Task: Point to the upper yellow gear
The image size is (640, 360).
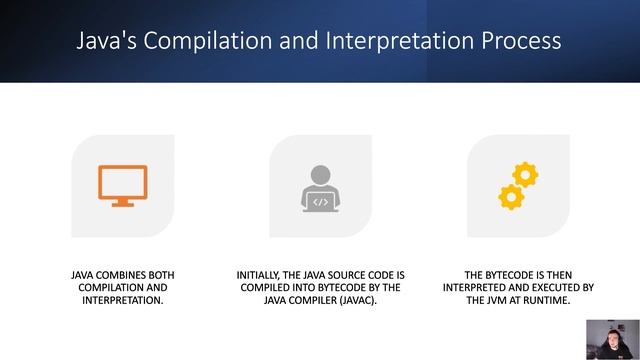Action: (x=525, y=175)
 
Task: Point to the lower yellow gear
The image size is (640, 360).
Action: (x=511, y=196)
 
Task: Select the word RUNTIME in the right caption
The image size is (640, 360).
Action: (x=546, y=299)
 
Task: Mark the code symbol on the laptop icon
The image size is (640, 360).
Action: (x=320, y=202)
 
